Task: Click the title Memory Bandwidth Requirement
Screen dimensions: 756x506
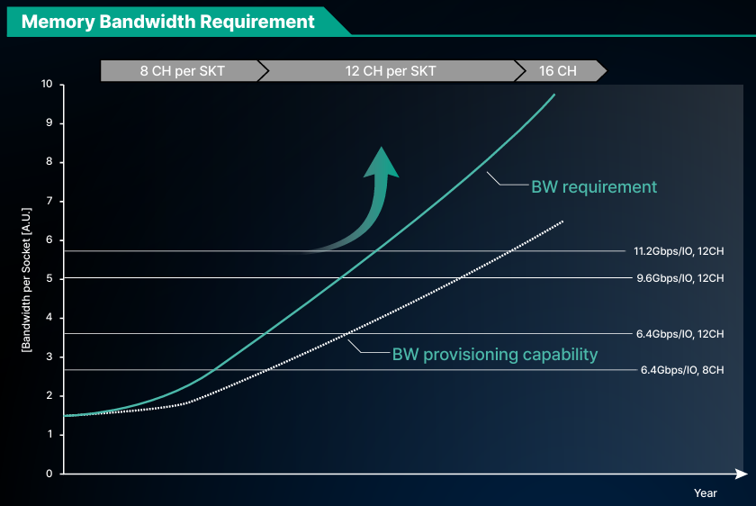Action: click(167, 22)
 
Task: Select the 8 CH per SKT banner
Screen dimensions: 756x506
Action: click(182, 71)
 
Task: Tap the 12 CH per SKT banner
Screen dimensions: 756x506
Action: click(391, 71)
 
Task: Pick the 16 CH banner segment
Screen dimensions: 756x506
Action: click(558, 71)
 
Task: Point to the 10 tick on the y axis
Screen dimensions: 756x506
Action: click(47, 84)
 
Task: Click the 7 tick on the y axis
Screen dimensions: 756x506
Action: click(49, 201)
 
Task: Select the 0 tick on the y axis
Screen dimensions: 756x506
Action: click(49, 474)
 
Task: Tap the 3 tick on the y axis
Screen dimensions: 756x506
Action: click(49, 357)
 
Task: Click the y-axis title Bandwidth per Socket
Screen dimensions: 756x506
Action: click(26, 280)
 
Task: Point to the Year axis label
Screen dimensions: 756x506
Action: click(706, 493)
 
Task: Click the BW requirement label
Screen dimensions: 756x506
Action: click(594, 186)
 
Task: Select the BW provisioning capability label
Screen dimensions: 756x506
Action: click(495, 355)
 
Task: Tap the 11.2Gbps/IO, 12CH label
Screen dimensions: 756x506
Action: click(679, 251)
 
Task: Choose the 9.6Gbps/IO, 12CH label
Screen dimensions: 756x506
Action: click(680, 278)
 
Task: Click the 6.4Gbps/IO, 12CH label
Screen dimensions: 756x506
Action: click(680, 334)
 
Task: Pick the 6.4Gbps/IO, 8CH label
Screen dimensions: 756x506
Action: click(682, 370)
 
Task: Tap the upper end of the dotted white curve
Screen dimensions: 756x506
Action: click(562, 221)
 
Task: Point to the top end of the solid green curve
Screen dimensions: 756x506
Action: click(555, 95)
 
